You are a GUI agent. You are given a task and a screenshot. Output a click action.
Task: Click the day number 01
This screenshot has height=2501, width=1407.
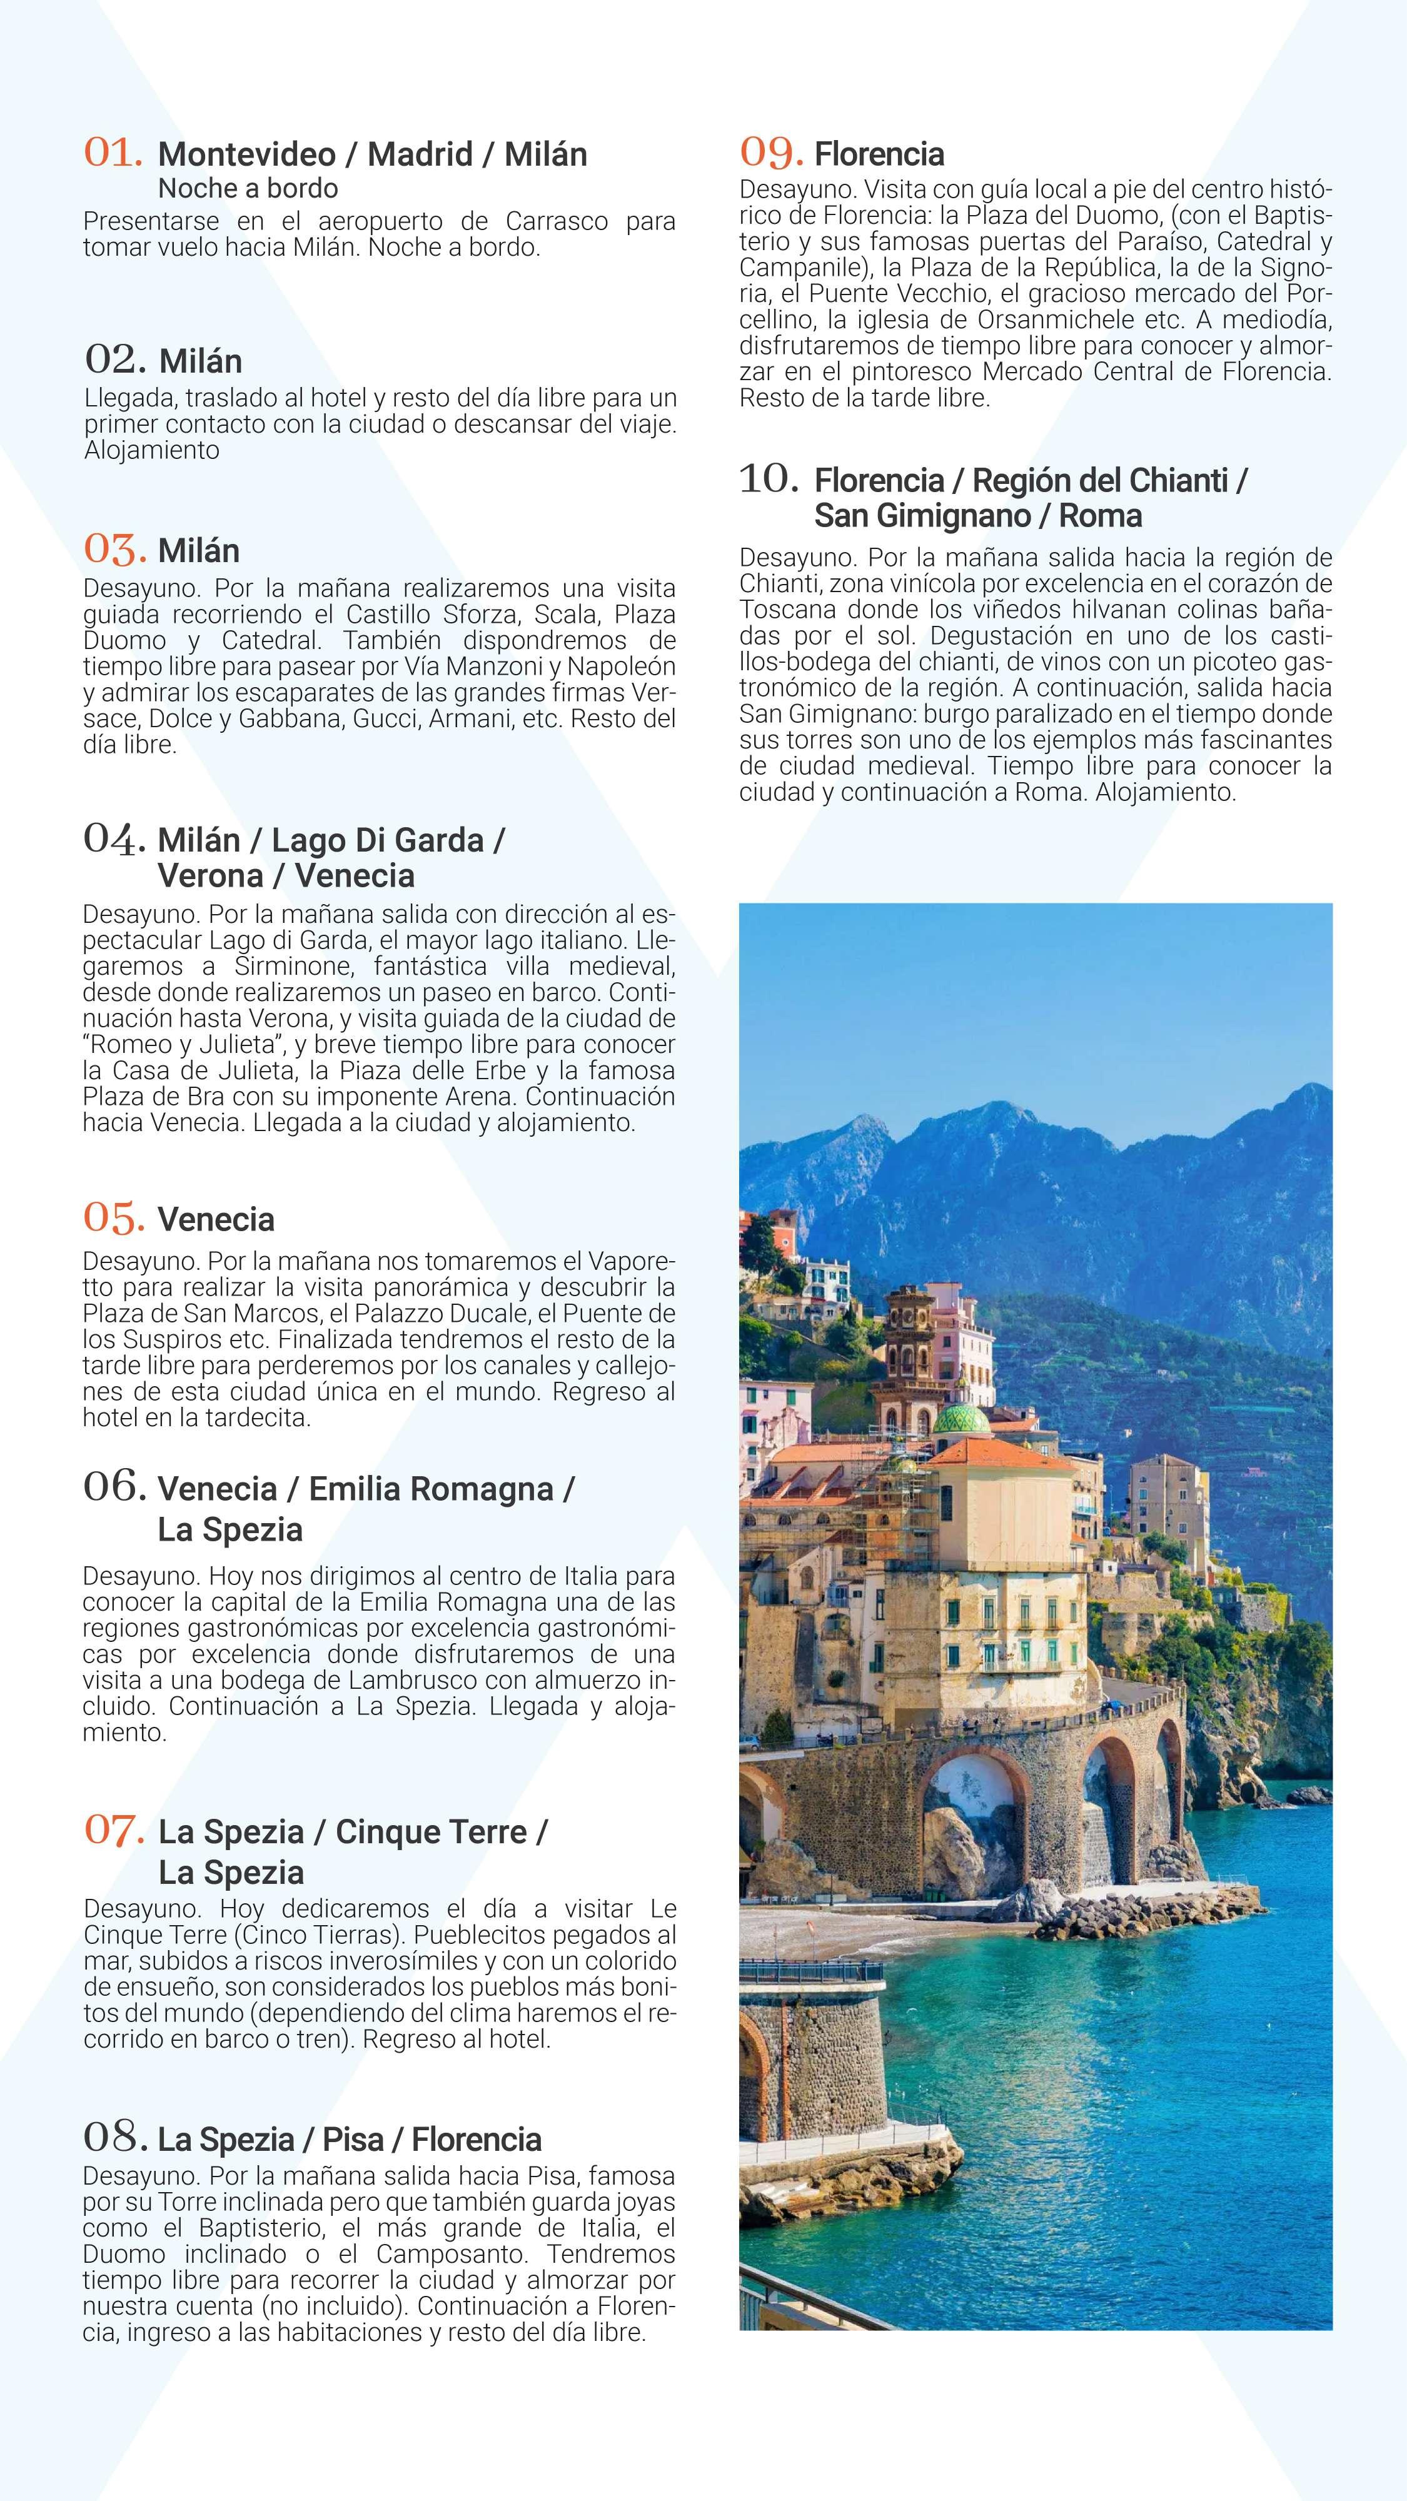click(x=114, y=153)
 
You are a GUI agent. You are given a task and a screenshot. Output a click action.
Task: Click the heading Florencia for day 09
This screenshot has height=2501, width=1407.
click(x=879, y=153)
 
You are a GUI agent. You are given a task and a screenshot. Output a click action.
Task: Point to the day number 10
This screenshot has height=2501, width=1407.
click(x=769, y=478)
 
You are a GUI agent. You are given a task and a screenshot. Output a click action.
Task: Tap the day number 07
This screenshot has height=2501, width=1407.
click(x=114, y=1830)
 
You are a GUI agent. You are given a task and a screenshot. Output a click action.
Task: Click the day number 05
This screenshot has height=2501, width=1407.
click(x=114, y=1217)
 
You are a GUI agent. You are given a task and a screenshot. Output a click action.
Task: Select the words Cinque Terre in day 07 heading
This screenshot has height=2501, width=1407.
click(x=430, y=1831)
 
